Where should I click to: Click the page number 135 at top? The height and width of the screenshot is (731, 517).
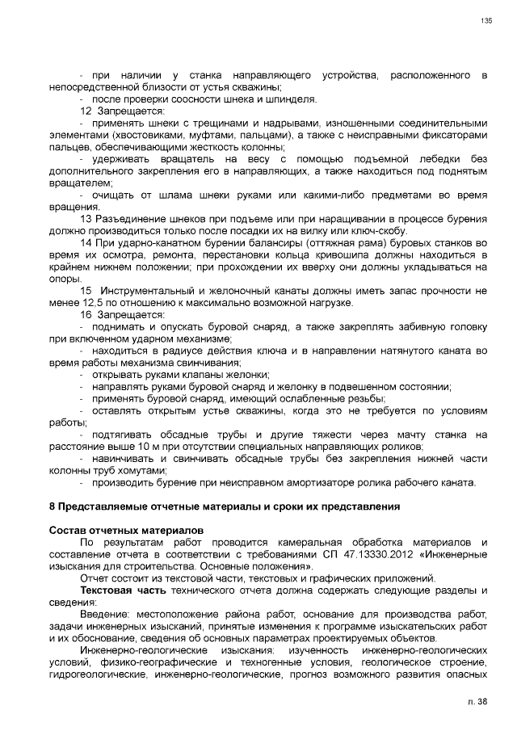click(487, 21)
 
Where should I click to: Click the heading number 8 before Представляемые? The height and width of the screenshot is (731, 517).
click(52, 506)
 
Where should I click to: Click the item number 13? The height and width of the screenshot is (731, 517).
click(86, 220)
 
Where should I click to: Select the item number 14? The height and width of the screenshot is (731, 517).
click(86, 243)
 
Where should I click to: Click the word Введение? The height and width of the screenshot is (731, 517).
click(107, 615)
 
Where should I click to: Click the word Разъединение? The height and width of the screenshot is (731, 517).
click(133, 220)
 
